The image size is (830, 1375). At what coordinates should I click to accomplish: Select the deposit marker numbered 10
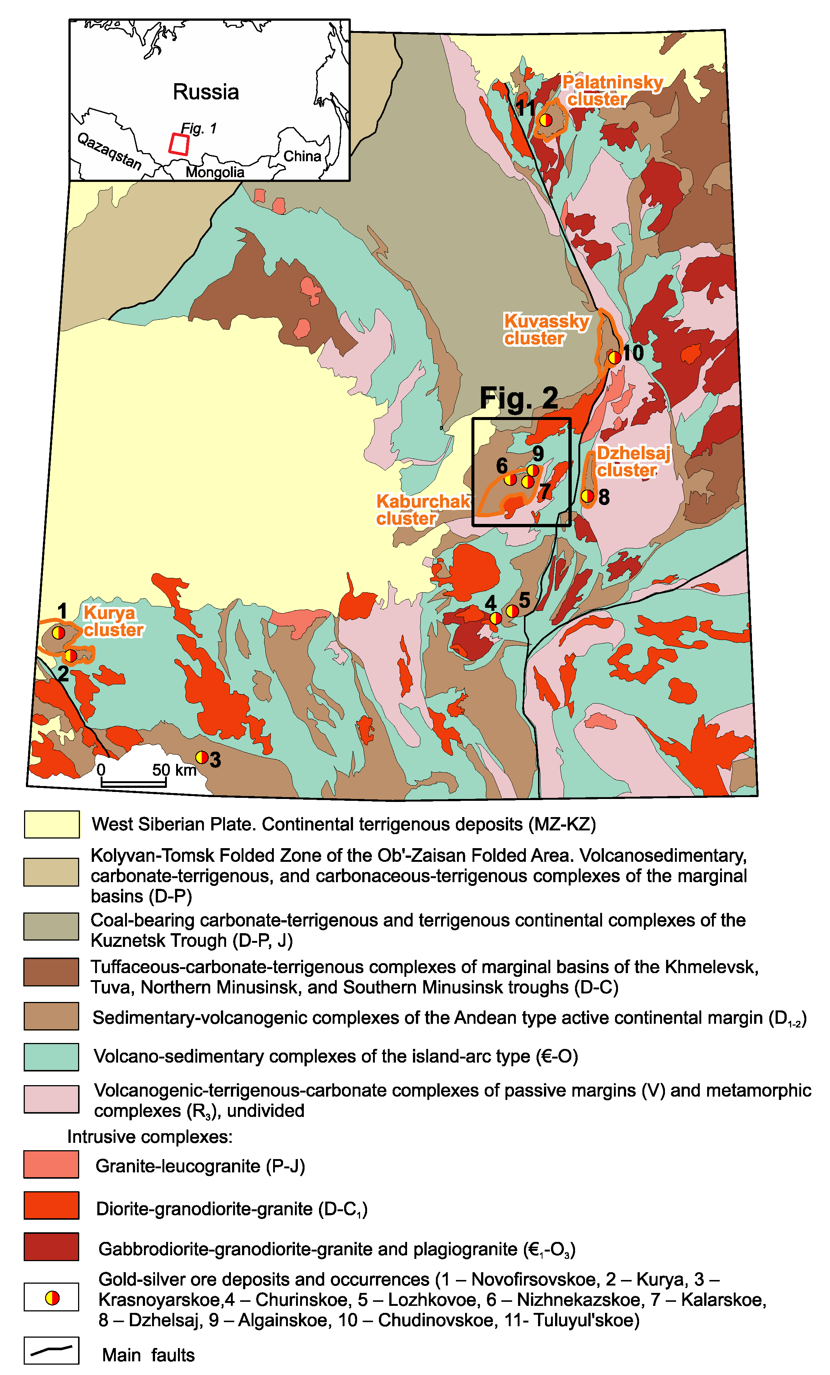(x=614, y=357)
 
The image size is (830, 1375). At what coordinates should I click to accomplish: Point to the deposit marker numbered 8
(x=587, y=495)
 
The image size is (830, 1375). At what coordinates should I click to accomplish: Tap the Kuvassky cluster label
(x=546, y=330)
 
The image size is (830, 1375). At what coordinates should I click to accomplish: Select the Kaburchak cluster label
(x=422, y=509)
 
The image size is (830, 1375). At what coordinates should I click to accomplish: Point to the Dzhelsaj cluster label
(x=632, y=461)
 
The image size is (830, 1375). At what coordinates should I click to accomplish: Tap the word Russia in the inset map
(x=205, y=92)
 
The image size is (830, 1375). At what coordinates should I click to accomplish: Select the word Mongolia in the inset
(x=215, y=172)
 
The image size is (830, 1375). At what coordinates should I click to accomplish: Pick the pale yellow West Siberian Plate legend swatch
(x=51, y=824)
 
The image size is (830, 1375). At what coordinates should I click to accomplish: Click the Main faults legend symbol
(x=51, y=1351)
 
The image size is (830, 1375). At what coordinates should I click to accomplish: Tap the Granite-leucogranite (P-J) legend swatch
(x=51, y=1165)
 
